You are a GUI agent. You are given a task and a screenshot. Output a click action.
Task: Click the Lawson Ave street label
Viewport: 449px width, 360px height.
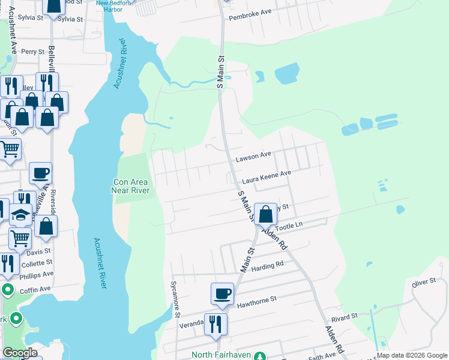253,156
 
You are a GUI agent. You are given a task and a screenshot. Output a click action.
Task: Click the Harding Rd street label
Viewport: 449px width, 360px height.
267,266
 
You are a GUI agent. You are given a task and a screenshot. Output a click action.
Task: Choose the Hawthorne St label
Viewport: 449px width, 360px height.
256,299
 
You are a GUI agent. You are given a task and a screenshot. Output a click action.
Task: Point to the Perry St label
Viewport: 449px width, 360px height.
33,52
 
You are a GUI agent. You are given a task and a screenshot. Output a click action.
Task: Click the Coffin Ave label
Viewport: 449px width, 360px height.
37,289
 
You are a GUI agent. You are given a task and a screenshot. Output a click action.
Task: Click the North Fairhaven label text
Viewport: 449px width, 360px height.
222,355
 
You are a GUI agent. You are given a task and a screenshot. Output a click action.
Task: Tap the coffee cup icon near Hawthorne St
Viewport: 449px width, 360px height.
221,294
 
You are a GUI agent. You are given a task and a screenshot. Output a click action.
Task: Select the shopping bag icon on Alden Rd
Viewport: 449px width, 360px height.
265,213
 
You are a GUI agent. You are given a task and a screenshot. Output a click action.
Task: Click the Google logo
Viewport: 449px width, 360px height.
20,353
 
